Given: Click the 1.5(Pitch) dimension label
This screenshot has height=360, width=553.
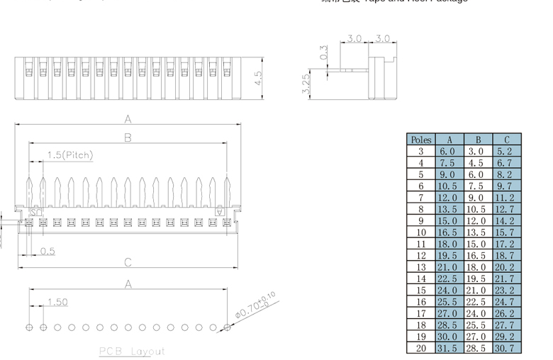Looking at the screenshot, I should [x=70, y=155].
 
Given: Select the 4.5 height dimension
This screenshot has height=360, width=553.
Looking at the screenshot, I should [x=259, y=77].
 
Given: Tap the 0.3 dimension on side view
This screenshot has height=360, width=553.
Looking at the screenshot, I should [x=324, y=52].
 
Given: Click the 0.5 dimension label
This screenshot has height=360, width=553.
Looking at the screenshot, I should [x=48, y=251].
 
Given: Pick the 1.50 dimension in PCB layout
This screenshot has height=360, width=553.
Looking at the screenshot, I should [x=57, y=302].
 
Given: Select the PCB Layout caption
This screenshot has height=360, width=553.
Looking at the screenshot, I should [x=132, y=351].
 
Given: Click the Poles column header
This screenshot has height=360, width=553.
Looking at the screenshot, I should [x=421, y=140].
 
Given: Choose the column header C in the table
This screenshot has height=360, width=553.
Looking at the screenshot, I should [x=507, y=140].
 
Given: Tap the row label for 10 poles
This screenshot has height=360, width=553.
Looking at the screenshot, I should [x=421, y=232].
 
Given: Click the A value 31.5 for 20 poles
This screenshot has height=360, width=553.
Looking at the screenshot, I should [x=449, y=348].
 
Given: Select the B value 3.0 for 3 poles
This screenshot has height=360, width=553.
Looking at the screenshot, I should [x=478, y=151].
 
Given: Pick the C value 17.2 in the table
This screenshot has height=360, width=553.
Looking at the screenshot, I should [x=507, y=244].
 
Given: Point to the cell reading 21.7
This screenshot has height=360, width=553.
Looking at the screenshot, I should [x=507, y=279].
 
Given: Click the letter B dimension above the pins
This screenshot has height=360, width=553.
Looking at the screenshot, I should [x=128, y=137].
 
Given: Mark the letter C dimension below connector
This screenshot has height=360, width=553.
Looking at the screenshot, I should [x=128, y=262].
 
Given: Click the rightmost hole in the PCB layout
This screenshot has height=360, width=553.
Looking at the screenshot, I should [x=227, y=328].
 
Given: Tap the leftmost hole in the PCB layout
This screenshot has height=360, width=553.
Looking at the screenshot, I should [x=29, y=328].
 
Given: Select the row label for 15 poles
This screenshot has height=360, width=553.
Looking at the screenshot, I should [x=421, y=291].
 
